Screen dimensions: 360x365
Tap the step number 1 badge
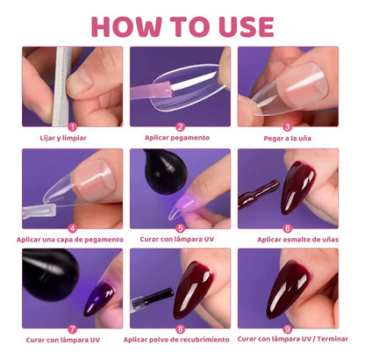coord(73,126)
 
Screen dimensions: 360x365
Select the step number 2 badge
coord(181,126)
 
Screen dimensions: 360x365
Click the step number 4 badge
coord(73,227)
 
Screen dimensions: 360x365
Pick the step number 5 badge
coord(181,227)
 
